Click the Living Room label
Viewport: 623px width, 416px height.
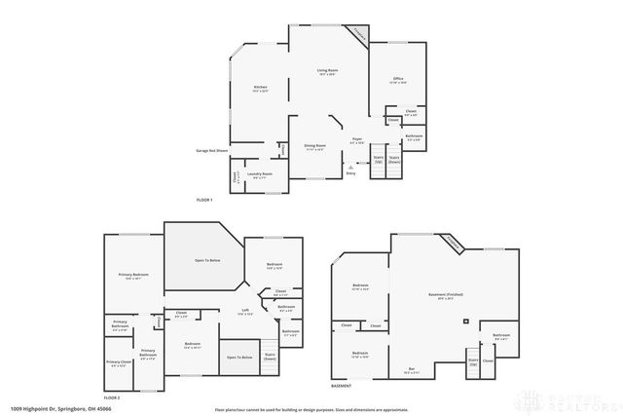(x=326, y=72)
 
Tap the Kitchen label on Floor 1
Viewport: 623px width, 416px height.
(x=260, y=89)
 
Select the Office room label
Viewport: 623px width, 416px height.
(x=398, y=80)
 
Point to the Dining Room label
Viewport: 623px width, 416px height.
(x=314, y=147)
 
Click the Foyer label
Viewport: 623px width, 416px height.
(x=357, y=141)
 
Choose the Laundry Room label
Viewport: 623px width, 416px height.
(x=262, y=175)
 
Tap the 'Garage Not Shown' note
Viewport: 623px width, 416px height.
(x=211, y=151)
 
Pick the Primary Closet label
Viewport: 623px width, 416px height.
(x=119, y=363)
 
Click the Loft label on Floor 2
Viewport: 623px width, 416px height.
(x=246, y=312)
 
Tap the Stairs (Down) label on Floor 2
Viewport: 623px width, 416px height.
(x=270, y=358)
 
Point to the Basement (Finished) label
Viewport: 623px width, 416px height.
(x=445, y=295)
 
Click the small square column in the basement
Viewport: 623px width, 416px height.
(x=465, y=321)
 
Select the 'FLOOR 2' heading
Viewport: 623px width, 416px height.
(x=112, y=397)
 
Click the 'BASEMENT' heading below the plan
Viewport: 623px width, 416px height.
(x=341, y=387)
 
